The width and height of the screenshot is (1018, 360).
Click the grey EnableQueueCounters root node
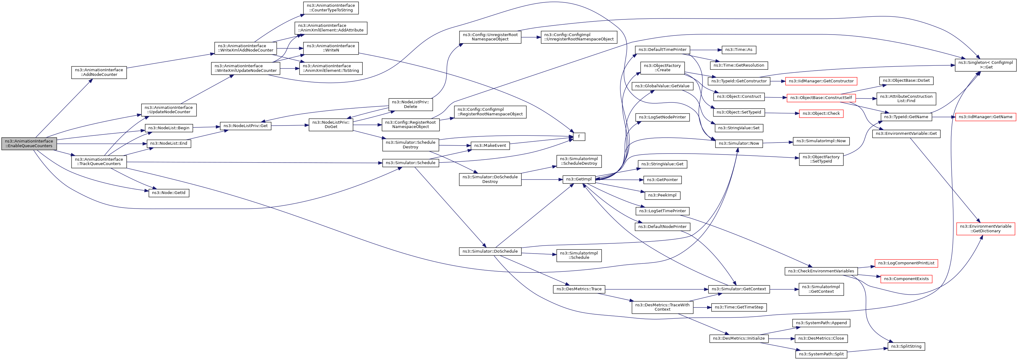click(x=29, y=143)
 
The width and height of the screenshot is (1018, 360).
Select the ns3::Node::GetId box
click(x=169, y=193)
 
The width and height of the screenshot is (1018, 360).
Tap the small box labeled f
click(x=579, y=137)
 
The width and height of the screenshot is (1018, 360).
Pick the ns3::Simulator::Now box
click(x=739, y=143)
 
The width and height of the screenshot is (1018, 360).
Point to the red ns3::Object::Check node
click(x=821, y=114)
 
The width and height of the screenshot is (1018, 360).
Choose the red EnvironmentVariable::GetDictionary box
click(x=986, y=229)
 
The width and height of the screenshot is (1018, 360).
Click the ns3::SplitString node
click(x=906, y=346)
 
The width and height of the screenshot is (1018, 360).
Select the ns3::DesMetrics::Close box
click(x=821, y=338)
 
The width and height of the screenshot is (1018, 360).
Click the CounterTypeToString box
click(x=331, y=8)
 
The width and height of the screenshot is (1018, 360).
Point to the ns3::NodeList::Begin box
click(x=169, y=128)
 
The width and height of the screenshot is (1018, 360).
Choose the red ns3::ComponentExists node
click(x=906, y=279)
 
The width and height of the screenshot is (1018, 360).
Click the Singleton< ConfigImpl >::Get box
click(x=986, y=65)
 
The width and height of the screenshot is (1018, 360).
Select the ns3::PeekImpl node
click(x=662, y=195)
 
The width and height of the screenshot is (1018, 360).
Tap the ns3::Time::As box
click(x=739, y=50)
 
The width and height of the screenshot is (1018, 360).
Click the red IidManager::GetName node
click(x=986, y=117)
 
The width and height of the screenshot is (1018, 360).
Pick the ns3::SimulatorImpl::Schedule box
click(x=579, y=255)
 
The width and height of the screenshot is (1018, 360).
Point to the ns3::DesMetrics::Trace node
click(x=579, y=289)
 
